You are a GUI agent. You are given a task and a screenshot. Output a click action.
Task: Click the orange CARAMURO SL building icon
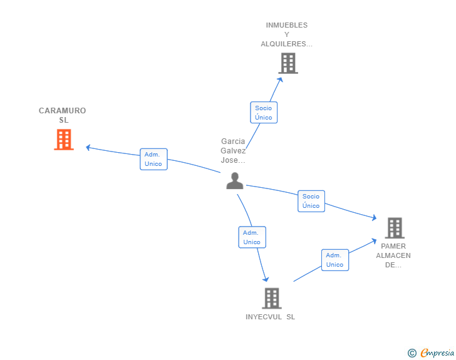64,140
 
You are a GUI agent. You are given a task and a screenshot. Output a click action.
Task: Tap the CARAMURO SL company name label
63,115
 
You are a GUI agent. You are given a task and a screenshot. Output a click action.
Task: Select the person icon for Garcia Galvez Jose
235,181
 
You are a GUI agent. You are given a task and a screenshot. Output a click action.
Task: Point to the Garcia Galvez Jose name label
233,151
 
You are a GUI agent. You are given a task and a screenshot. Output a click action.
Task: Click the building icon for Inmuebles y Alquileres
288,63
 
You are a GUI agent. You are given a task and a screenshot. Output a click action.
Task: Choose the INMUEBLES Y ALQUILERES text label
286,34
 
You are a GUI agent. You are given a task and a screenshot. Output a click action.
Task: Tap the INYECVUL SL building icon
272,298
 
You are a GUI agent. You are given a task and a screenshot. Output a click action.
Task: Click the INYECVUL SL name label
270,317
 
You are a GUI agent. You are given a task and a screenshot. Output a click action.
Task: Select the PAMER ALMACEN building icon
395,228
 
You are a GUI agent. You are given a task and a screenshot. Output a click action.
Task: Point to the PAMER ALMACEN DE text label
393,255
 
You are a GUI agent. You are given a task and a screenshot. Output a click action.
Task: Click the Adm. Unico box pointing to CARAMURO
153,159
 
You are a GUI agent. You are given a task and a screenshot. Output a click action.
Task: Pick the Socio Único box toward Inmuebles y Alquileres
264,113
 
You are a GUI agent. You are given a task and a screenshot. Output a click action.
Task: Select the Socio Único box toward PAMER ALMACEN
311,201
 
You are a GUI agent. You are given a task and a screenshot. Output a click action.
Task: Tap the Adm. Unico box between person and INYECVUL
252,237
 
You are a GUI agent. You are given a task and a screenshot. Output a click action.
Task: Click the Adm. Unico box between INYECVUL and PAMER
335,260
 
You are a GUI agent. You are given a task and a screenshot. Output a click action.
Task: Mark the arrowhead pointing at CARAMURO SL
88,148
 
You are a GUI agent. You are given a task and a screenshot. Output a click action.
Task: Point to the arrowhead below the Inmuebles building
280,80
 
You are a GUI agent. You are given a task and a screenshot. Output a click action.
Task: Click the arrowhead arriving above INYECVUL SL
266,279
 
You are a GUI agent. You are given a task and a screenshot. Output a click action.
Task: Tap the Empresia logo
437,352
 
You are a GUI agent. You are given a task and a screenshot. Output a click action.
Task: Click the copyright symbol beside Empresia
412,353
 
